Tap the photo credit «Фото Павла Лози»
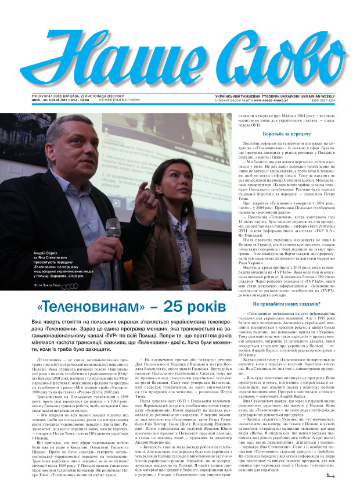click(49, 286)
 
